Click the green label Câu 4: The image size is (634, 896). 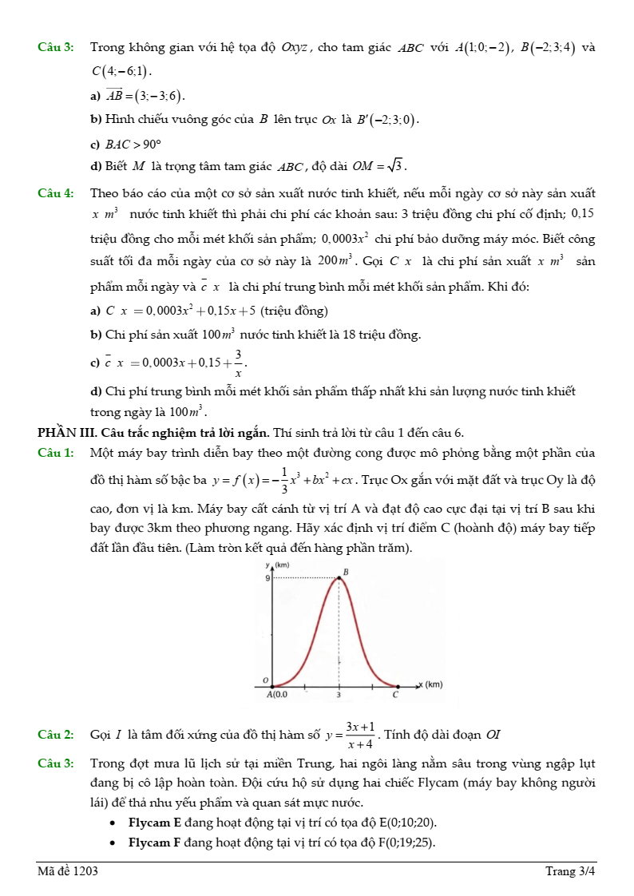coord(56,193)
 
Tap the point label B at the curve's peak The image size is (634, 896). coord(345,572)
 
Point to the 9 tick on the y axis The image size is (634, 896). coord(267,577)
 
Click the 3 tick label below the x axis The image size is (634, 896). coord(338,695)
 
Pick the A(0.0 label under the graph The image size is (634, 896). coord(277,695)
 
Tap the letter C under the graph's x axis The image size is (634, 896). coord(394,695)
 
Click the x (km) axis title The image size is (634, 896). coord(430,684)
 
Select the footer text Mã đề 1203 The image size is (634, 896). coord(68,871)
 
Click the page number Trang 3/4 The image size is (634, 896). coord(570,871)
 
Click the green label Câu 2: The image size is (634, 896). coord(56,734)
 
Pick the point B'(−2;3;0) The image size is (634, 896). coord(387,120)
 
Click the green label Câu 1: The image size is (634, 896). coord(56,454)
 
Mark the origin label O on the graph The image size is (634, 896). coord(266,679)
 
